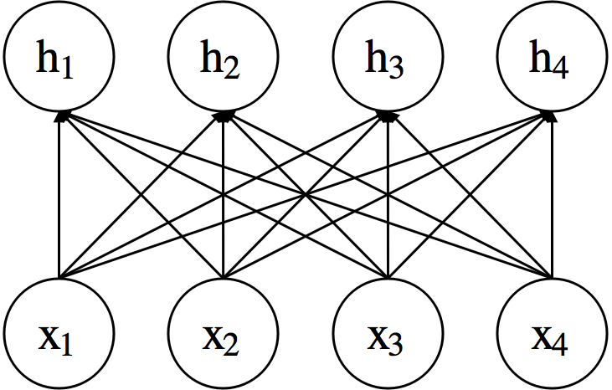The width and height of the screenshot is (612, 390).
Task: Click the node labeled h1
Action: coord(59,59)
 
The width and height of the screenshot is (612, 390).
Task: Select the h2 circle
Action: coord(223,59)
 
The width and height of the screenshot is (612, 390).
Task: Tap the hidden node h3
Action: coord(387,59)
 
